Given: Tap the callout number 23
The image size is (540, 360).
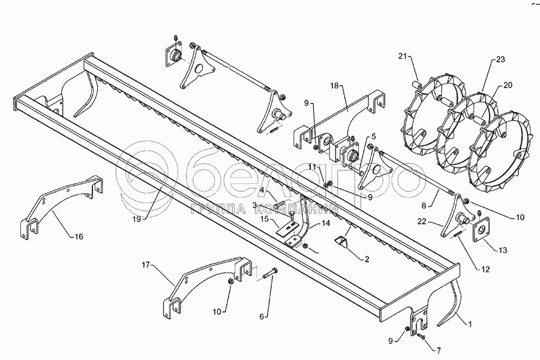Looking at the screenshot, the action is coord(500,59).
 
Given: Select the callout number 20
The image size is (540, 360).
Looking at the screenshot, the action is coord(508,85).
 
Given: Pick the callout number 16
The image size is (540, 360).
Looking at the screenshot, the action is coord(79,237).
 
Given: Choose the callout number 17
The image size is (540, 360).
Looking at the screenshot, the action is coord(146,264).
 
